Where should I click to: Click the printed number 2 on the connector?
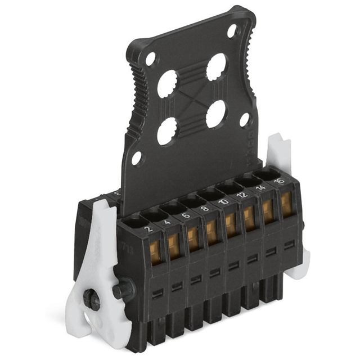pos(148,229)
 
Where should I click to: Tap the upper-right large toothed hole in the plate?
pos(216,66)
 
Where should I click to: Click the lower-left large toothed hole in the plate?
pos(166,133)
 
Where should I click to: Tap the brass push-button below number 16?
pos(286,202)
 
